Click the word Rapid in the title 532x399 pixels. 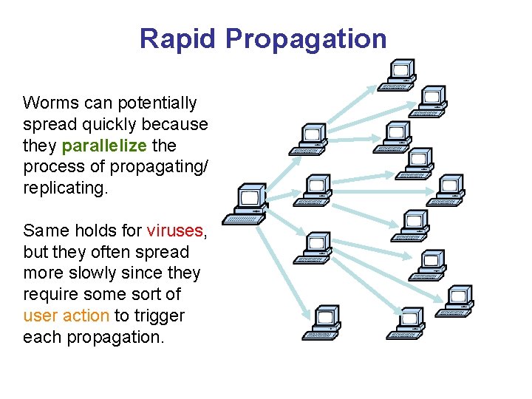tap(180, 38)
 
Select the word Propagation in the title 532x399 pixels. tap(307, 38)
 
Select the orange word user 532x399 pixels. tap(41, 316)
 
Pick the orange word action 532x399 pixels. tap(86, 316)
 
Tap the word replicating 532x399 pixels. tap(65, 188)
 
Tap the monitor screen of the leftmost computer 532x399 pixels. tap(249, 197)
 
